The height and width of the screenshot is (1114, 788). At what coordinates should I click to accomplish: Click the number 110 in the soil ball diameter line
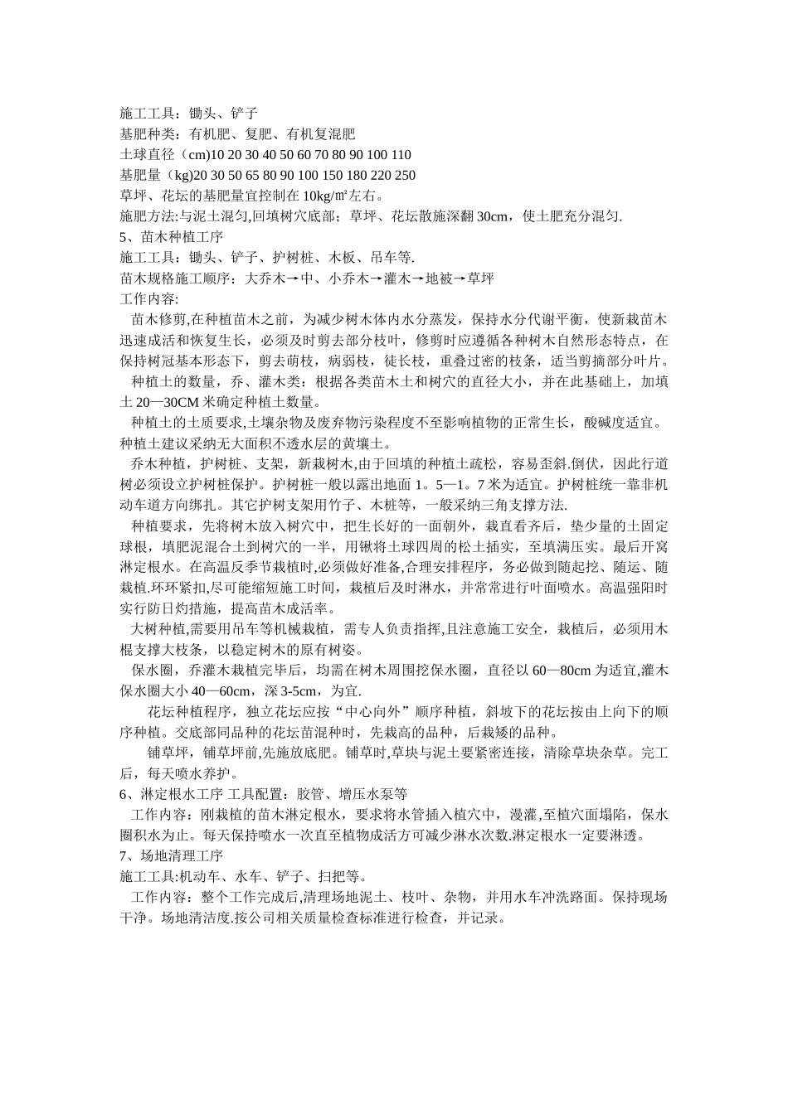tap(399, 155)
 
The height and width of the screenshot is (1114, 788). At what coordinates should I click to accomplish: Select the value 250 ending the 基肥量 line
tap(405, 176)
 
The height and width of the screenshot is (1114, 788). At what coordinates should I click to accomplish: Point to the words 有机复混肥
tap(320, 134)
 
